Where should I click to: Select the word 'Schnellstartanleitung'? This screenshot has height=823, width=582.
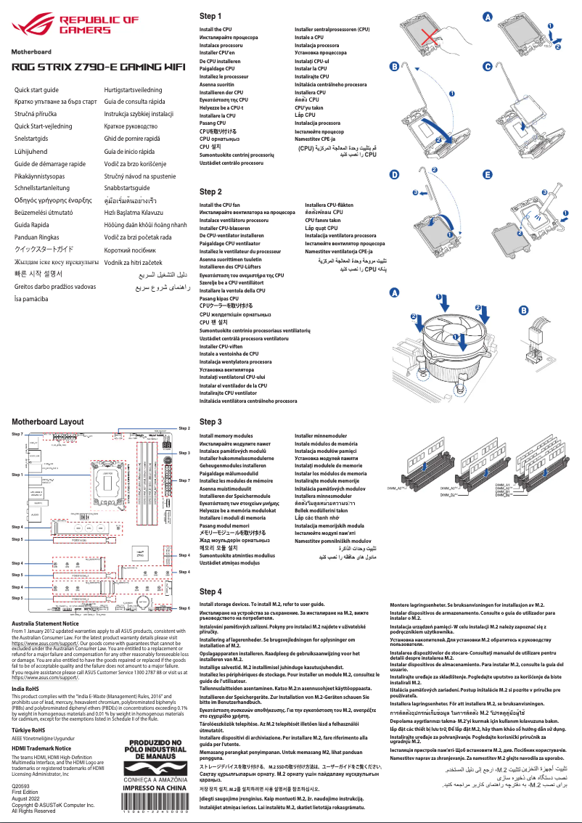44,187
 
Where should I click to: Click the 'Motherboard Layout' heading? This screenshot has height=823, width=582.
48,421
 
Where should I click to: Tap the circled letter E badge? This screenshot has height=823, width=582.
488,175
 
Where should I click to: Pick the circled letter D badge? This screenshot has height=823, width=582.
394,175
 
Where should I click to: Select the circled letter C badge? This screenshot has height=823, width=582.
488,66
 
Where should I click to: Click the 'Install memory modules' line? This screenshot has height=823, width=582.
226,436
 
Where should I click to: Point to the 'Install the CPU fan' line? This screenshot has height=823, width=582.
219,205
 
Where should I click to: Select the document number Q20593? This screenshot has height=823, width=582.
22,785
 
